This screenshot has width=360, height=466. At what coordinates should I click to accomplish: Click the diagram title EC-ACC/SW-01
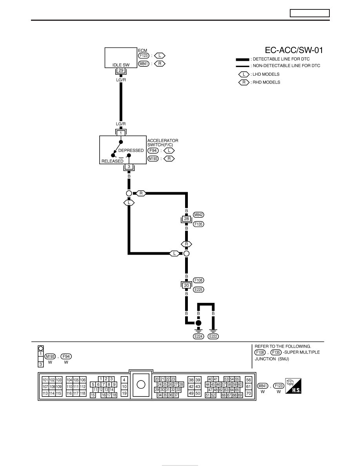tap(294, 50)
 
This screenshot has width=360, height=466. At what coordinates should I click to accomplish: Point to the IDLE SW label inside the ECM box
tap(121, 65)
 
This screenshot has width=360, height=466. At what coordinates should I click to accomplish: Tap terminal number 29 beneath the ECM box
tap(121, 71)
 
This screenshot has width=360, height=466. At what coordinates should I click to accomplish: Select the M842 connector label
tap(198, 215)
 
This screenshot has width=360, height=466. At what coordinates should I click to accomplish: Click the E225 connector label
tap(198, 289)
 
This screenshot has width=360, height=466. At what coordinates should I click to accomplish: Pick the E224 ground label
tap(198, 336)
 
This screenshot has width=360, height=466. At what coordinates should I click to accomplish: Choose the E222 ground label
tap(213, 336)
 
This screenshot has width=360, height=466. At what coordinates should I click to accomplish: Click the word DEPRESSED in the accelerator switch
tap(131, 150)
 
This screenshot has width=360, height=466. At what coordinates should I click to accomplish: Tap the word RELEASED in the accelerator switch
tap(112, 161)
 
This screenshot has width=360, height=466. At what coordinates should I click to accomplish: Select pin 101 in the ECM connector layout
tap(45, 380)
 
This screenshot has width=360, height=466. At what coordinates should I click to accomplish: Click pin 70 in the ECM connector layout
tap(249, 393)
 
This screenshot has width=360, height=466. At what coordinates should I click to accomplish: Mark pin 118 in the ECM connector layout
tap(83, 393)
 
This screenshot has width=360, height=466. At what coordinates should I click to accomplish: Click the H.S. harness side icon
tap(293, 386)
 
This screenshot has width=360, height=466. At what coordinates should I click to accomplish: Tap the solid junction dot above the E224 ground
tap(198, 323)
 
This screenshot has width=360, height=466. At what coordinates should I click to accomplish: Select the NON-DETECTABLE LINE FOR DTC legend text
tap(286, 66)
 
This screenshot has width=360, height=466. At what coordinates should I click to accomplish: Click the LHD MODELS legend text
tap(266, 74)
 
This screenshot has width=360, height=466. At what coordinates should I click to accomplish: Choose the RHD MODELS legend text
tap(266, 82)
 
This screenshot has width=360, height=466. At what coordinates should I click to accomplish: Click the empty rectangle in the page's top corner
tap(310, 13)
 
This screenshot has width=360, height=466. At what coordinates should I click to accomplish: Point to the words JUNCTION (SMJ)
tap(272, 359)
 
